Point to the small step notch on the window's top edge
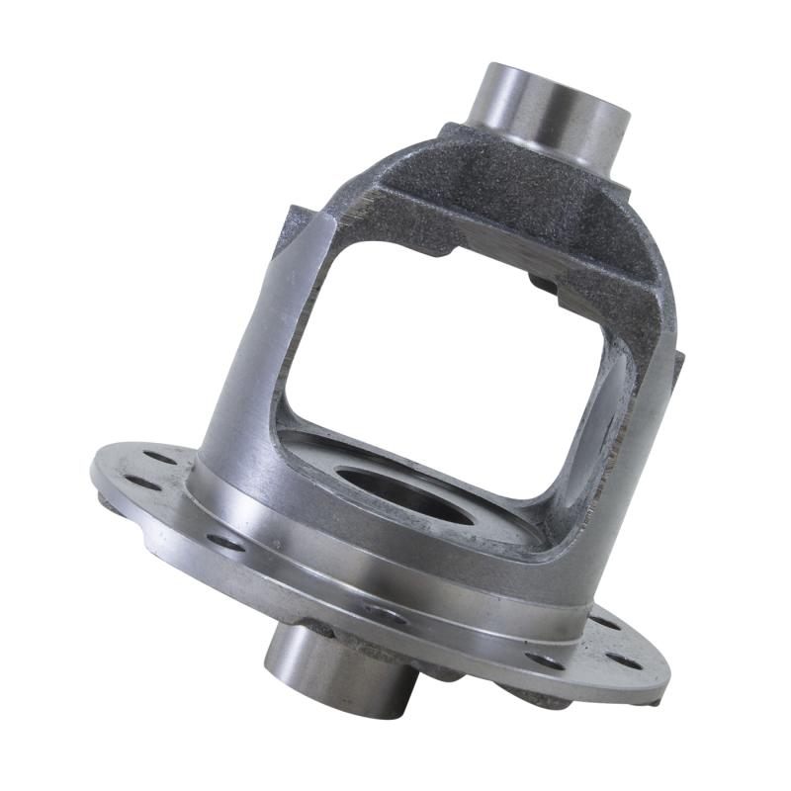450,255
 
